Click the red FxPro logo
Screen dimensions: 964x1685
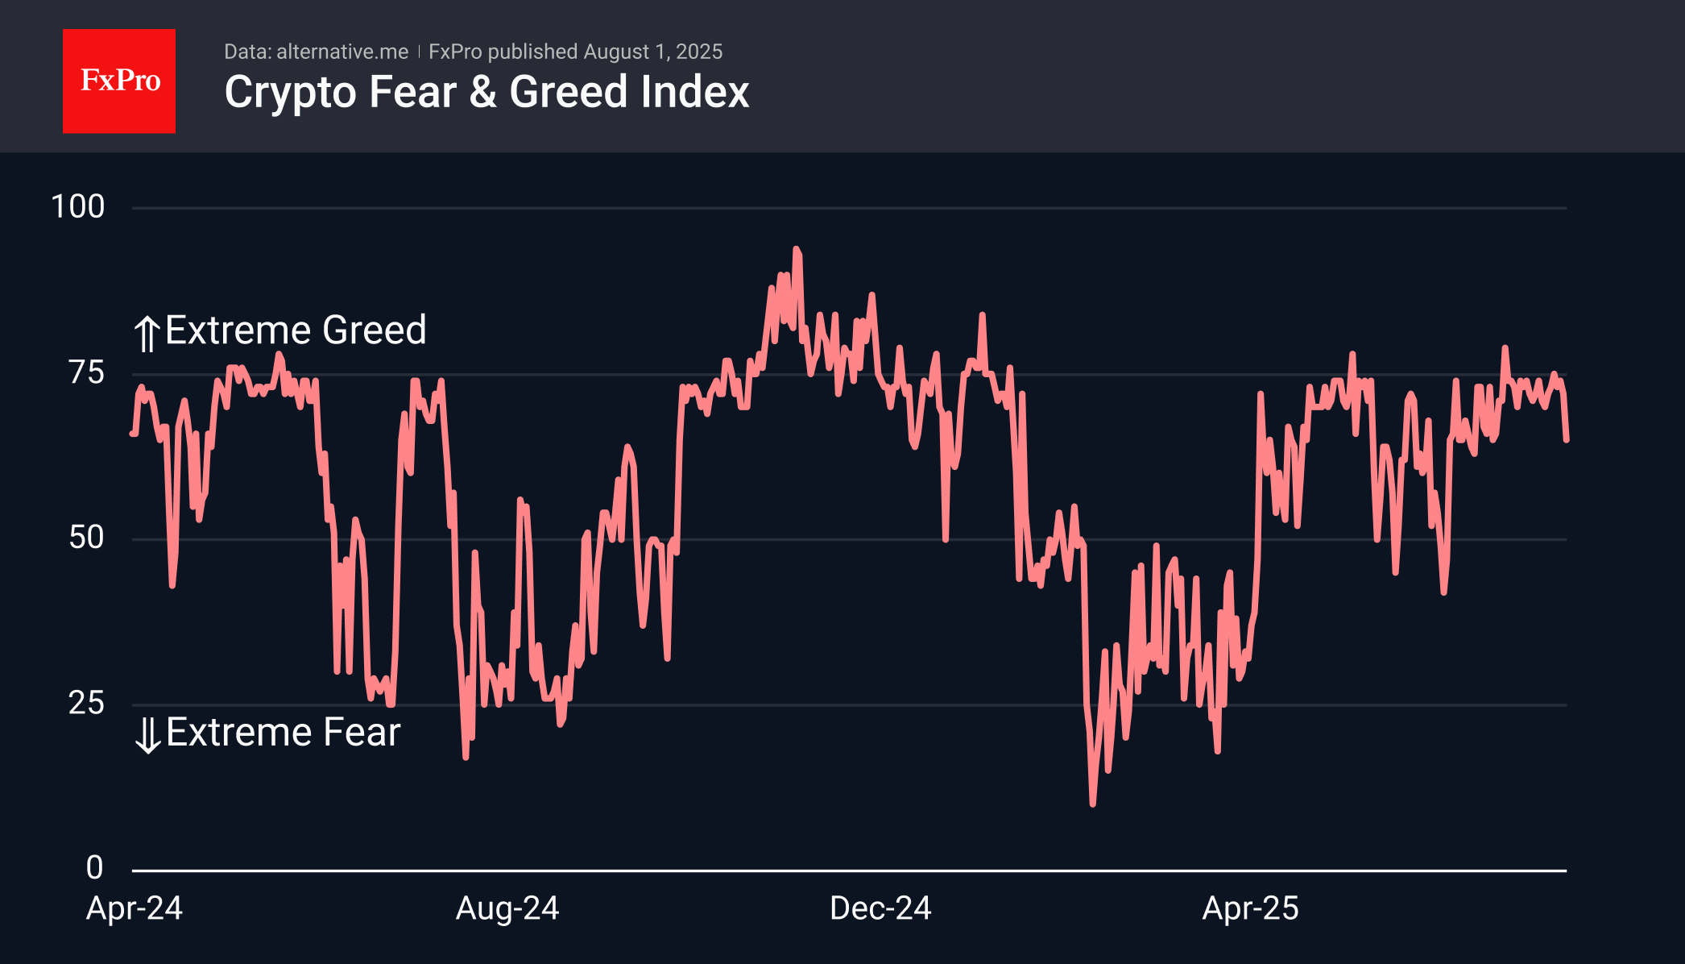point(119,81)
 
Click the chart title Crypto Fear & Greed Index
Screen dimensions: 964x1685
point(486,92)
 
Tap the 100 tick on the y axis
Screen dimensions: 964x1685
point(78,207)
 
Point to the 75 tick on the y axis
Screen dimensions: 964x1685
point(86,373)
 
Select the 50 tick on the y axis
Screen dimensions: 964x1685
point(86,538)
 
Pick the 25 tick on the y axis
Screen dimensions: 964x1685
point(86,704)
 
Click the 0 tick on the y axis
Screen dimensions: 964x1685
point(95,868)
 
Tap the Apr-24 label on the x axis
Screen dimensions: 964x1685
point(135,908)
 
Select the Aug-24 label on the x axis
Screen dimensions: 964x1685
point(507,908)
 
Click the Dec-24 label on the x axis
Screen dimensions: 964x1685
point(880,908)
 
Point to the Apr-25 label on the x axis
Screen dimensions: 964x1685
point(1250,908)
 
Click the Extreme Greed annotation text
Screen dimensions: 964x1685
point(296,330)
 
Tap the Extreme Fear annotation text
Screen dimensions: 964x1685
point(283,733)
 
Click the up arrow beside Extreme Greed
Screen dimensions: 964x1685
point(147,334)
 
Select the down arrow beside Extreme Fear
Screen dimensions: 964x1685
point(147,735)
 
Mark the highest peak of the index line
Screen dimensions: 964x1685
point(796,249)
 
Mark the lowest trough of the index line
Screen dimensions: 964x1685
point(1092,804)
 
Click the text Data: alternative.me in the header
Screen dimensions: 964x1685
point(316,52)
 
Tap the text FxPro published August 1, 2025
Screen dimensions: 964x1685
point(575,52)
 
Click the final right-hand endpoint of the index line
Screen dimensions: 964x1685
point(1567,440)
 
